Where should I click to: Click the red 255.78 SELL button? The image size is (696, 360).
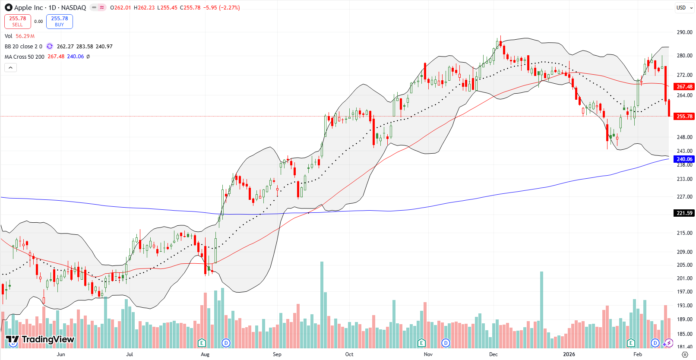18,22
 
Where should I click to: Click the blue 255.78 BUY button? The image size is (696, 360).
60,22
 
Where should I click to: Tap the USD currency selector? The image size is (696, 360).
681,8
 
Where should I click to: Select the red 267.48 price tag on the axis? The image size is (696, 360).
684,87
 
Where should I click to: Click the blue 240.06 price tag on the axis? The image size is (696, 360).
684,159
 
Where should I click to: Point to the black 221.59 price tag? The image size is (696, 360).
684,213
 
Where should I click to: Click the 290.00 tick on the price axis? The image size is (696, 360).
684,32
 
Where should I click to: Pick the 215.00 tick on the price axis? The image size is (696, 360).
684,233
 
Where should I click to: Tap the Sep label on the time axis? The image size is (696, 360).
277,354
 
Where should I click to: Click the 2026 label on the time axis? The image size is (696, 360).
569,354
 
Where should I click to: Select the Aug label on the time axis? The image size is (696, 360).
205,354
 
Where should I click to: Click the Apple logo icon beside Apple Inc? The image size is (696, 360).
9,7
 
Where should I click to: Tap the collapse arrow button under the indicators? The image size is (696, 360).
11,67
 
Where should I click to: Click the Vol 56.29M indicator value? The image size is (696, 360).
25,36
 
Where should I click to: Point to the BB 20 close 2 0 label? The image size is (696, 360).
23,47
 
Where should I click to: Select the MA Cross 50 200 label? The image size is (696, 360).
24,57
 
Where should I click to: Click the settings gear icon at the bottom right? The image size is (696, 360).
685,354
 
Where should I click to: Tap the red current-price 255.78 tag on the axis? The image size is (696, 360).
684,117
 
